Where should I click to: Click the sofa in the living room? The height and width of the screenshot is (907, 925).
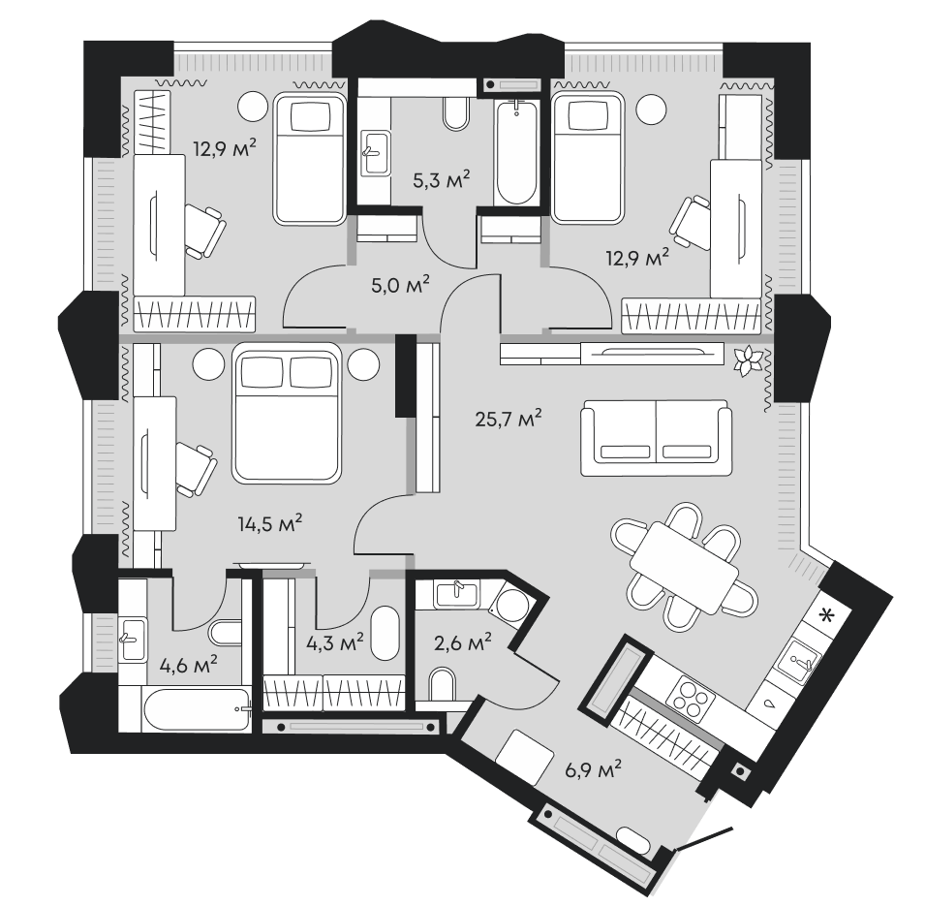(x=657, y=440)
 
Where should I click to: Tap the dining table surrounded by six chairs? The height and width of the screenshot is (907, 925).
(x=684, y=567)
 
